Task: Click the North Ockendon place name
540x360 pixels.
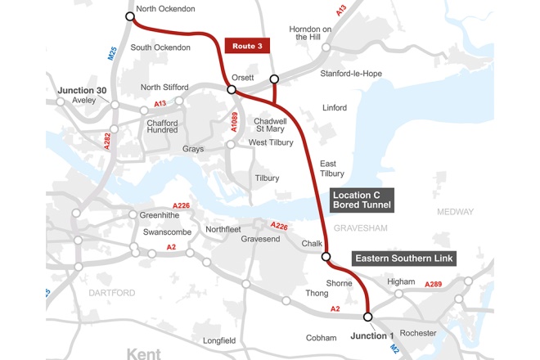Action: pos(166,9)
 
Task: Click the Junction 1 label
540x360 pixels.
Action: pos(372,335)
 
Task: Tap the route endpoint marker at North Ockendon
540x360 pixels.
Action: pos(130,16)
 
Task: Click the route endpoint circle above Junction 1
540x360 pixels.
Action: pos(367,317)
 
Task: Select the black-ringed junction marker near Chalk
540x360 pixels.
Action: pos(326,257)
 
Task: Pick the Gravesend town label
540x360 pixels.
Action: pos(260,239)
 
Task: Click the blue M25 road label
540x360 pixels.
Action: pos(112,54)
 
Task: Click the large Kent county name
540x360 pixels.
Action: pos(151,352)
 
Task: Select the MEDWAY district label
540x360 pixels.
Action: pos(455,211)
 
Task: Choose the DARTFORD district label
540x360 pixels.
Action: pos(112,292)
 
